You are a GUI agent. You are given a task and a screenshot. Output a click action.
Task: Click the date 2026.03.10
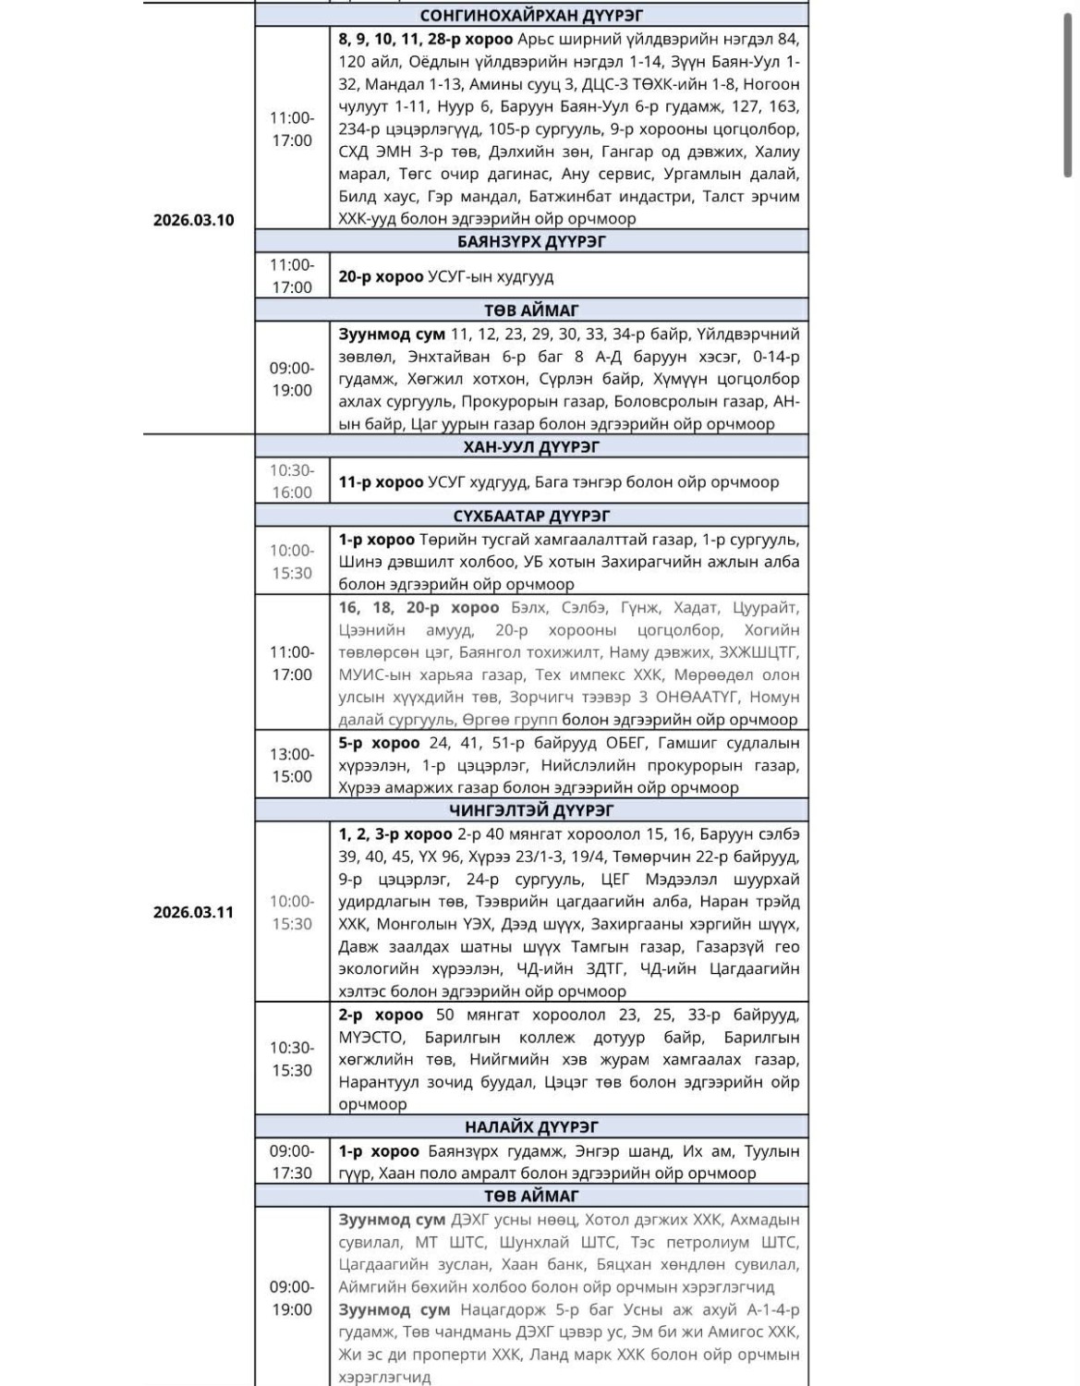pos(193,220)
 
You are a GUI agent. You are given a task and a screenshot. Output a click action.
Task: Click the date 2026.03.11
pos(193,912)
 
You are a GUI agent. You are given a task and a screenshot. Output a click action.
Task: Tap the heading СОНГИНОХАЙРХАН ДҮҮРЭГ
pos(531,16)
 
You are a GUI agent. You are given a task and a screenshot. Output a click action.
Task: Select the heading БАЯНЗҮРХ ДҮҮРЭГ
pos(531,242)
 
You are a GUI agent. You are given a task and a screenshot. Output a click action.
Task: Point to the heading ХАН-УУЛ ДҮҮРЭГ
pos(531,447)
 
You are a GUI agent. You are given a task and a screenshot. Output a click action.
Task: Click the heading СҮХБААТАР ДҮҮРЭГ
pos(531,516)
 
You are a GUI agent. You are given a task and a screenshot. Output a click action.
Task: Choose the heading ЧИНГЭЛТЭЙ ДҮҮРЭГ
pos(531,810)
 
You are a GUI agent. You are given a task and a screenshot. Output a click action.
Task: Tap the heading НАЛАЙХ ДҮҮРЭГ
pos(531,1127)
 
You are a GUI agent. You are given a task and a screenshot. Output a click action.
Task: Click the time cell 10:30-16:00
pos(292,481)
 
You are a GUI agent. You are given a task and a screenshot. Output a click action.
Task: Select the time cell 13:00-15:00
pos(292,765)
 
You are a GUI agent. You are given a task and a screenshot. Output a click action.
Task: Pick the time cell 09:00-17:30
pos(292,1162)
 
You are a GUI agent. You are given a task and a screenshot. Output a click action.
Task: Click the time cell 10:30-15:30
pos(292,1059)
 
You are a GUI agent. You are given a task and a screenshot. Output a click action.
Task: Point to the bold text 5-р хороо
pos(379,743)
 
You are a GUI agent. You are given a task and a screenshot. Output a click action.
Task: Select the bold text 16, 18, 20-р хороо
pos(419,608)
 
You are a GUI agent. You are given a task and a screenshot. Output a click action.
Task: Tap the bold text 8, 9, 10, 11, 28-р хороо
pos(425,40)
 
